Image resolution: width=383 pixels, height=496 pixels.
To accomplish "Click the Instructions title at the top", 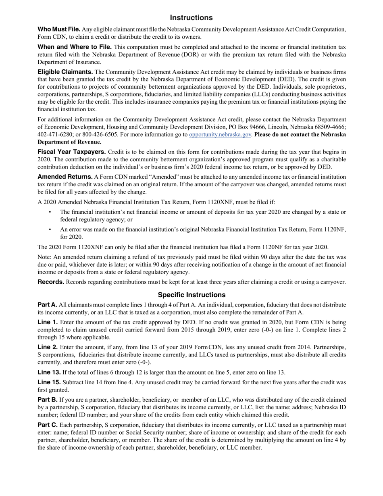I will (191, 18).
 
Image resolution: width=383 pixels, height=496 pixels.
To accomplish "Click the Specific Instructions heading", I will (191, 295).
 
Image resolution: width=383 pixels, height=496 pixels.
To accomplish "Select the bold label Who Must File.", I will (59, 29).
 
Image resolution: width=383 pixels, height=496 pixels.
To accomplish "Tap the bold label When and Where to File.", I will (75, 47).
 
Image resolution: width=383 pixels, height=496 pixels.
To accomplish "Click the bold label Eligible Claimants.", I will (65, 72).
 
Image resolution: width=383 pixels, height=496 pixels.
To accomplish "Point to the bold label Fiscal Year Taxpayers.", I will (72, 152).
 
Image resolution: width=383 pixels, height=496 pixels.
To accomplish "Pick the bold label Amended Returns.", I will (65, 177).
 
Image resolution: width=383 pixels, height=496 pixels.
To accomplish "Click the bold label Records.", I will (51, 282).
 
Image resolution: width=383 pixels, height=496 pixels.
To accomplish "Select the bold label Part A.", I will (47, 305).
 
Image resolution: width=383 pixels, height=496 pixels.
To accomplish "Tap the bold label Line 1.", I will (48, 322).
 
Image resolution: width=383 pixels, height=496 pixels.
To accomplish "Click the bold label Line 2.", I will (48, 347).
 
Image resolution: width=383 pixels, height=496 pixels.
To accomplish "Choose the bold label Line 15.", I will (49, 382).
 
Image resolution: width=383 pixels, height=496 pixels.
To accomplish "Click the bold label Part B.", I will (47, 400).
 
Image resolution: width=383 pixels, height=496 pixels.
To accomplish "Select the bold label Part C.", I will (48, 425).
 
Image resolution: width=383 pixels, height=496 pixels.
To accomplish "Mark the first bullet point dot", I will (50, 212).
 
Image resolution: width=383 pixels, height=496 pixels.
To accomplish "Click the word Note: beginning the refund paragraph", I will (45, 257).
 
